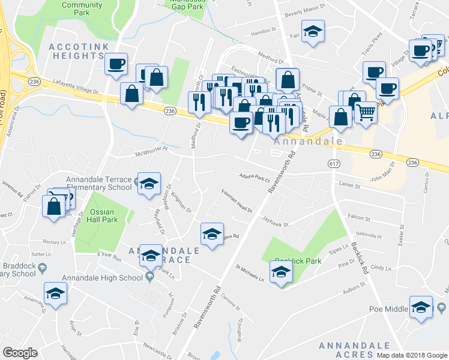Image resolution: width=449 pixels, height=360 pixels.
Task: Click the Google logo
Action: coord(20,353)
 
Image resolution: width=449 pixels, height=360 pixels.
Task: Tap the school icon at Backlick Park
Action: coord(281,273)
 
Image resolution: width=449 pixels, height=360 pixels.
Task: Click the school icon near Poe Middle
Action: coord(421,307)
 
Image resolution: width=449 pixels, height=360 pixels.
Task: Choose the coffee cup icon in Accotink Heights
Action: coord(116,63)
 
